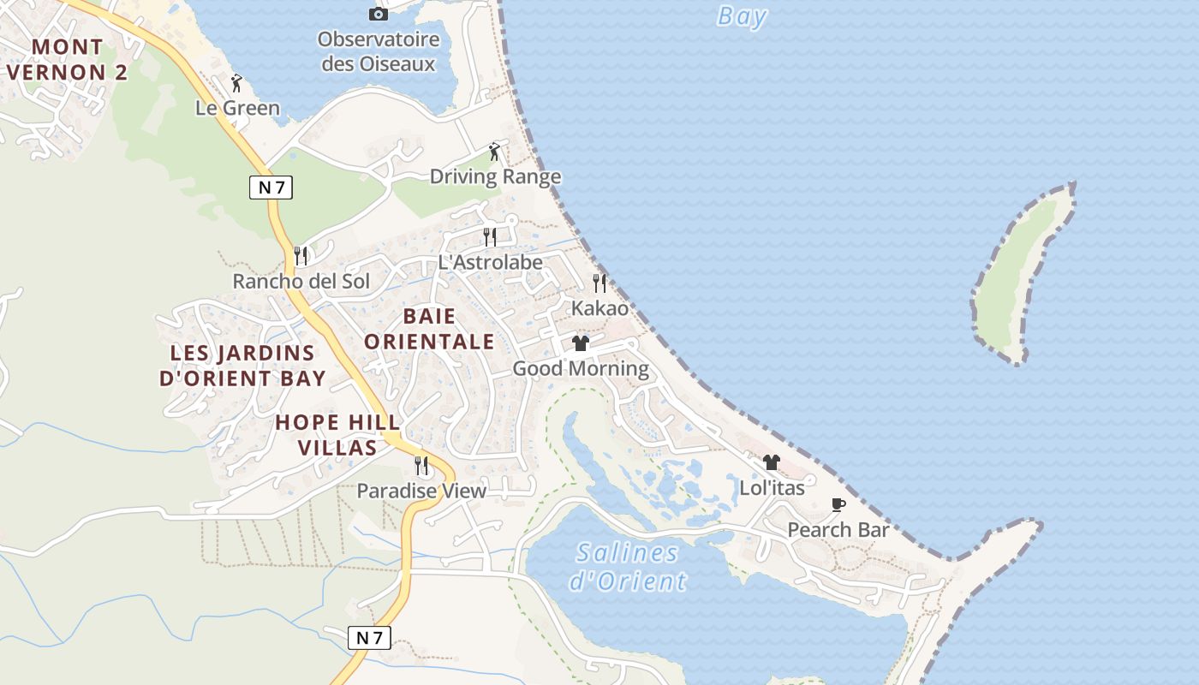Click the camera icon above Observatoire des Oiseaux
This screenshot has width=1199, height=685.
[x=378, y=14]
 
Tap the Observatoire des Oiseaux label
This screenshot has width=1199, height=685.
[x=378, y=51]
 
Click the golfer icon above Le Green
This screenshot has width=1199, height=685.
[x=237, y=83]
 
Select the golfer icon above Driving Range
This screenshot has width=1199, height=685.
[x=494, y=152]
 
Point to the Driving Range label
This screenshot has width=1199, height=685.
[x=495, y=177]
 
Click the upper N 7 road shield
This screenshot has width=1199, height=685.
[x=271, y=188]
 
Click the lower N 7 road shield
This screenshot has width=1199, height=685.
[x=369, y=638]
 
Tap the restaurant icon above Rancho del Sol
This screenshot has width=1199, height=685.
[x=301, y=255]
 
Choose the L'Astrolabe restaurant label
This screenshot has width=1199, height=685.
[x=490, y=263]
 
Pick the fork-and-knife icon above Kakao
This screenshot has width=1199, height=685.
[x=599, y=283]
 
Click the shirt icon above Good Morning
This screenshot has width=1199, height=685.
[x=581, y=343]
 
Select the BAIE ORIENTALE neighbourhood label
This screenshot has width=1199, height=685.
[x=429, y=329]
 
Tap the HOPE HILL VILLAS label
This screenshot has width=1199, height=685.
[x=337, y=434]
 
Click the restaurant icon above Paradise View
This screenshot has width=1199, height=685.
[x=421, y=465]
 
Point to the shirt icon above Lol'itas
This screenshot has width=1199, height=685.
[x=772, y=462]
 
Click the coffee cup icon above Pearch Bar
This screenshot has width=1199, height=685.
[x=838, y=504]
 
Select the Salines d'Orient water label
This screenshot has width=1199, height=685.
[x=628, y=567]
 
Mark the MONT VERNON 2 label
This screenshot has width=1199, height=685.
[x=68, y=59]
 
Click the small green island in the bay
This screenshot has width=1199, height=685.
[x=1022, y=274]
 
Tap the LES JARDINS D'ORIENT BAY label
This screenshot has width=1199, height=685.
[x=242, y=366]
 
